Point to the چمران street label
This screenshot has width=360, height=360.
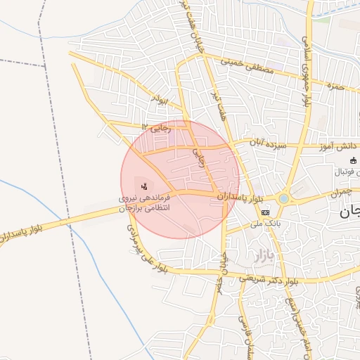337,192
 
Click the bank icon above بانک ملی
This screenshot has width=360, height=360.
265,212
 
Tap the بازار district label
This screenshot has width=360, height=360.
259,252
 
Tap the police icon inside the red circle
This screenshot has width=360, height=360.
144,186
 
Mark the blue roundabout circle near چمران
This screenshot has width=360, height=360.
283,199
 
